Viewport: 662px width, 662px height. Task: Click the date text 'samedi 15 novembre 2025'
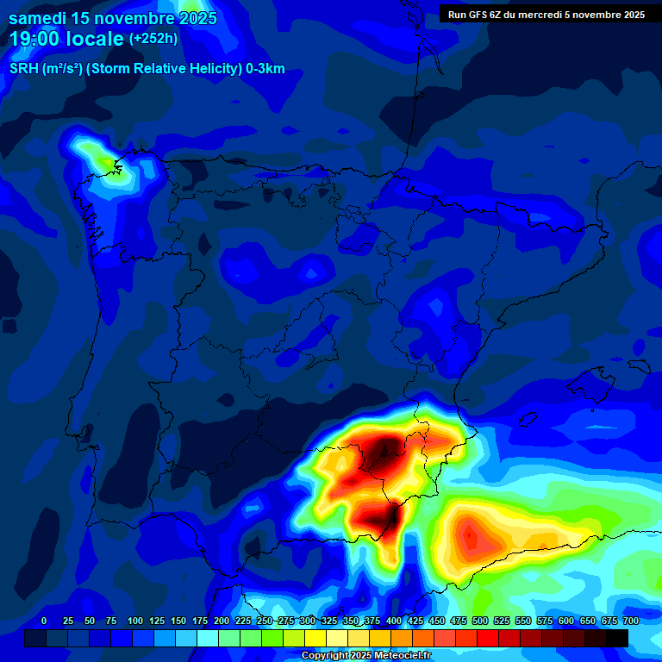[x=113, y=18]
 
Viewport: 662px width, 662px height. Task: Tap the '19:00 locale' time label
[x=67, y=39]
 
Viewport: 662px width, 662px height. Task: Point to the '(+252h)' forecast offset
[x=154, y=39]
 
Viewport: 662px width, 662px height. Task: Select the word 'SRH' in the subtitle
[x=23, y=69]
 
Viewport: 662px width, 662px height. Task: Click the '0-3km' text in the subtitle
[x=265, y=69]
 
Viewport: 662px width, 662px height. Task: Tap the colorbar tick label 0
[x=44, y=621]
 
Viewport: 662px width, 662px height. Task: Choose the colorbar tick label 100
[x=135, y=621]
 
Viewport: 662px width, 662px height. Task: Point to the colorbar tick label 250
[x=265, y=621]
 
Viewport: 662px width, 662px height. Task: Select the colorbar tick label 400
[x=394, y=621]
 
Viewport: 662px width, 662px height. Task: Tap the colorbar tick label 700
[x=630, y=621]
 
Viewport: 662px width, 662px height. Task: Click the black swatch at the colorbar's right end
[x=616, y=638]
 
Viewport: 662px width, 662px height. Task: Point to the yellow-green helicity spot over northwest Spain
[x=108, y=162]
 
